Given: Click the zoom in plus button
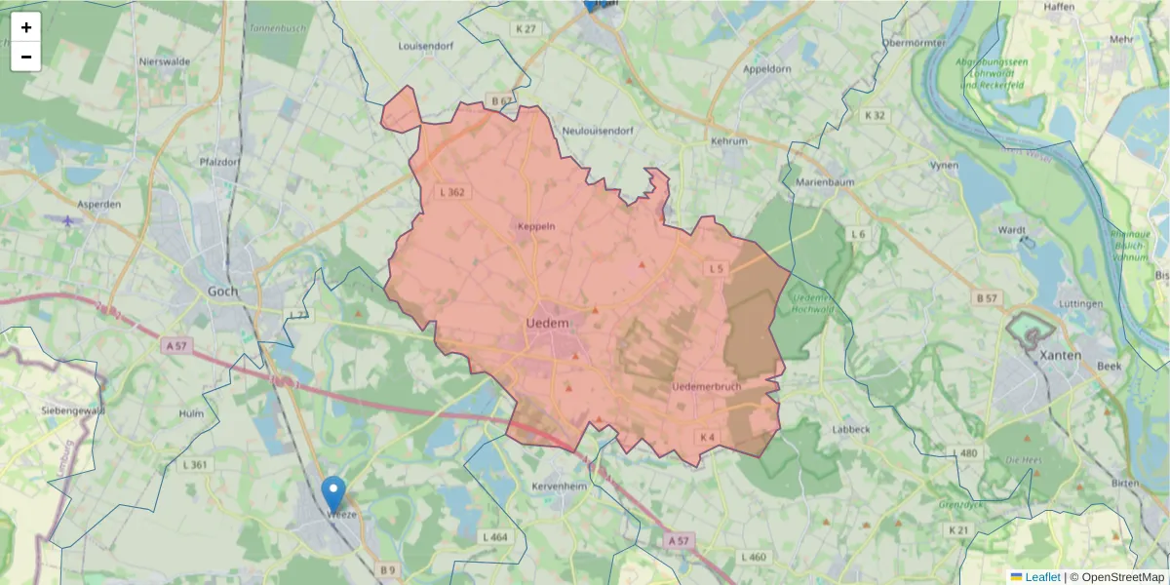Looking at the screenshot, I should (x=26, y=27).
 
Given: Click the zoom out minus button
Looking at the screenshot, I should (x=26, y=57).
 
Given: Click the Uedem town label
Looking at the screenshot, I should (x=547, y=323).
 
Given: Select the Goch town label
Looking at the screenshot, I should (x=223, y=291).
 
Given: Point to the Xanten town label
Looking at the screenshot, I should (x=1060, y=355).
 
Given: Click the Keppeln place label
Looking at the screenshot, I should (x=536, y=226).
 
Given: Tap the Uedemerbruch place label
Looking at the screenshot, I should (x=707, y=387).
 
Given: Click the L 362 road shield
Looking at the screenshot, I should (x=455, y=192).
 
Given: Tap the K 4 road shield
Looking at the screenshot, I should (x=707, y=436).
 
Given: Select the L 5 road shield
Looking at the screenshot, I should (x=717, y=268).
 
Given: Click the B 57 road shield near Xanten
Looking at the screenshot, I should (x=988, y=296).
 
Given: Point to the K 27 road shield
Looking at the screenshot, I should (x=526, y=29).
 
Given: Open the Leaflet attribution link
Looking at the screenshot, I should (x=1042, y=577).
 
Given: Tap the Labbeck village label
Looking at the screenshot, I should (x=851, y=428).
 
